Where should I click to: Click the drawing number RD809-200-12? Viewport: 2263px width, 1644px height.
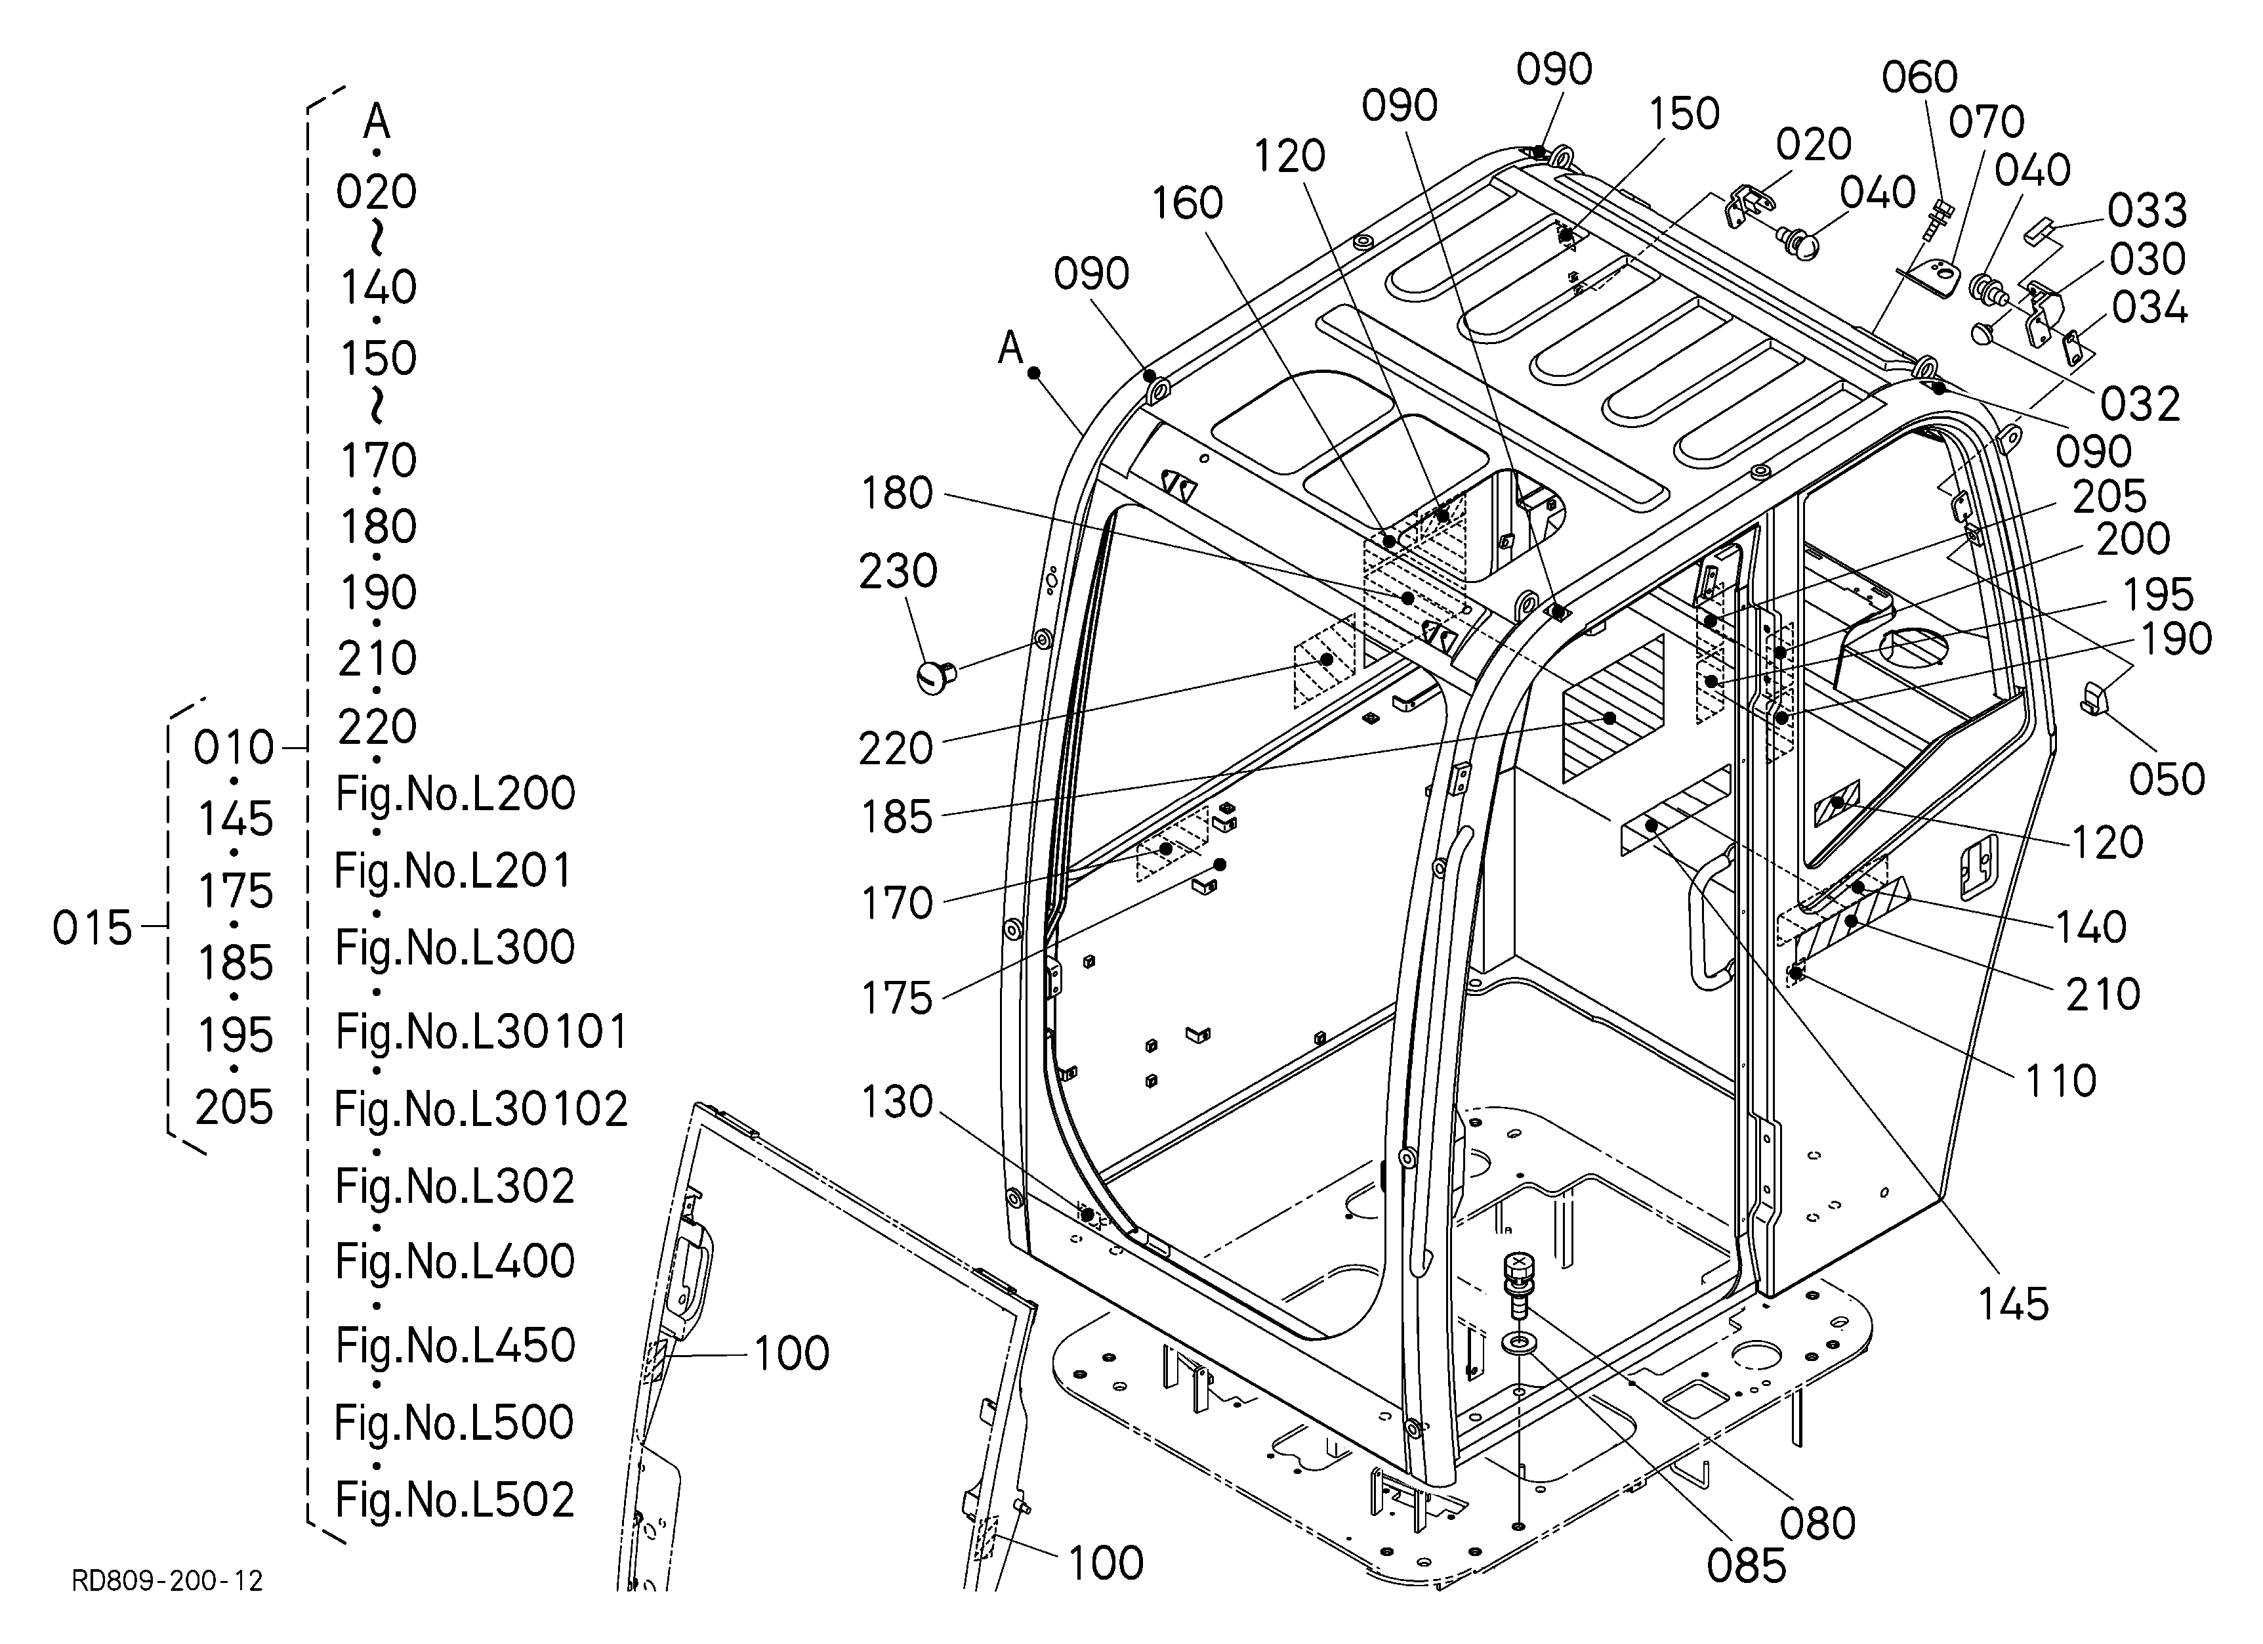tap(167, 1581)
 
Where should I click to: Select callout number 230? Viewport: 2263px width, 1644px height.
tap(898, 572)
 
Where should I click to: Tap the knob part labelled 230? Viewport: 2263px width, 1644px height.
tap(936, 676)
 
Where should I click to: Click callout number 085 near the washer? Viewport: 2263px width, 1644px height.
tap(1746, 1566)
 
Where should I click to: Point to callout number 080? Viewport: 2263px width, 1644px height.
tap(1818, 1523)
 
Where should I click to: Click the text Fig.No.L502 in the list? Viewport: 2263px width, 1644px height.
tap(455, 1500)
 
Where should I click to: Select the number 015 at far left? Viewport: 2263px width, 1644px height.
tap(92, 928)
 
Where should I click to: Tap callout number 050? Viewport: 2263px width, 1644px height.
tap(2166, 779)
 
